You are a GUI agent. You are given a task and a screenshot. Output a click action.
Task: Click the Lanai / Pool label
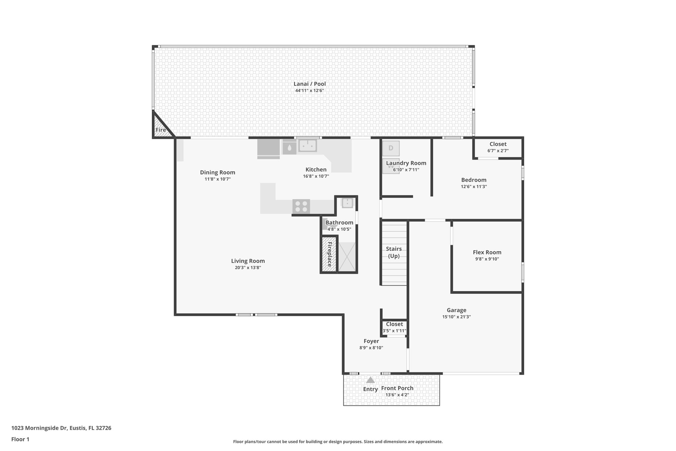click(310, 84)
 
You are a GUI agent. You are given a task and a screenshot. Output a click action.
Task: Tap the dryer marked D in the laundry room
click(391, 148)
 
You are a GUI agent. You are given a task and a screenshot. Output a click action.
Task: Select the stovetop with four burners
click(301, 207)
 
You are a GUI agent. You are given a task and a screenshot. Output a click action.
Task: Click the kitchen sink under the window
click(308, 145)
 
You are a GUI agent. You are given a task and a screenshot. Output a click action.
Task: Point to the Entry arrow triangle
click(370, 380)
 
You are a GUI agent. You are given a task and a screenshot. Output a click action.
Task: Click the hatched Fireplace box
click(329, 254)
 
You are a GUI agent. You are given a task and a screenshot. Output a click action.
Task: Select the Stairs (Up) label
click(394, 252)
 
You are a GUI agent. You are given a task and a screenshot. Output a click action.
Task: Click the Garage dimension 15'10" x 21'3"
click(456, 317)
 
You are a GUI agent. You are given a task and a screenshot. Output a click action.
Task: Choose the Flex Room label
click(487, 252)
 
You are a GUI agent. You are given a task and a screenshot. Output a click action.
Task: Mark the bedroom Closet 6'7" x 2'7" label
click(498, 144)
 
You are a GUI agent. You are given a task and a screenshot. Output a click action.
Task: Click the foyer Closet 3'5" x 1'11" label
click(394, 324)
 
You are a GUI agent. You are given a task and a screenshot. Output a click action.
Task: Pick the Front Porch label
click(397, 388)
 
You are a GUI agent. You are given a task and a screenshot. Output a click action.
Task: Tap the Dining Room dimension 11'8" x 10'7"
click(218, 179)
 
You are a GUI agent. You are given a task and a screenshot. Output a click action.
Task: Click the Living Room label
click(248, 261)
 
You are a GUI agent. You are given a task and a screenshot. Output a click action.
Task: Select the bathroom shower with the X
click(347, 257)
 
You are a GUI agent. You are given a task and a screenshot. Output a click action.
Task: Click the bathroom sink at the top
click(347, 203)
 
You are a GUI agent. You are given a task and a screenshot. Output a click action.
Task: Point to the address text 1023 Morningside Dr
click(61, 428)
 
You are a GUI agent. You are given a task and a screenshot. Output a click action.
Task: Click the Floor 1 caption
click(20, 439)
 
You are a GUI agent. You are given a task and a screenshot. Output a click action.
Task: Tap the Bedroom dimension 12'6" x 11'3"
click(474, 187)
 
